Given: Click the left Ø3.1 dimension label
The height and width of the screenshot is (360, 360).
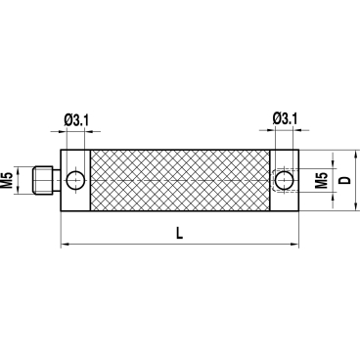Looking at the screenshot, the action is tap(76, 120).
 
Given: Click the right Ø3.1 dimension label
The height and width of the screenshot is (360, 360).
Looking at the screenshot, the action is tap(285, 119).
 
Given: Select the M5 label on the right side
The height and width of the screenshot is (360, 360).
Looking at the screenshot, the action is tap(322, 180).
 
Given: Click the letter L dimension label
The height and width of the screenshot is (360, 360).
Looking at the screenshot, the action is tap(179, 233).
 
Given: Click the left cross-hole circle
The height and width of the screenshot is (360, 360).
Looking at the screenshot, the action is tap(75, 180).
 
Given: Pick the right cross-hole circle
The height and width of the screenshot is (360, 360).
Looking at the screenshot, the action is tap(284, 180).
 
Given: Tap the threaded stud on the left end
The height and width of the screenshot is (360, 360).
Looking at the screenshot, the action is tap(43, 180).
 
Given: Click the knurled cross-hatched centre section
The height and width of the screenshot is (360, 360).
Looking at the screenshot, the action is tap(180, 180).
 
